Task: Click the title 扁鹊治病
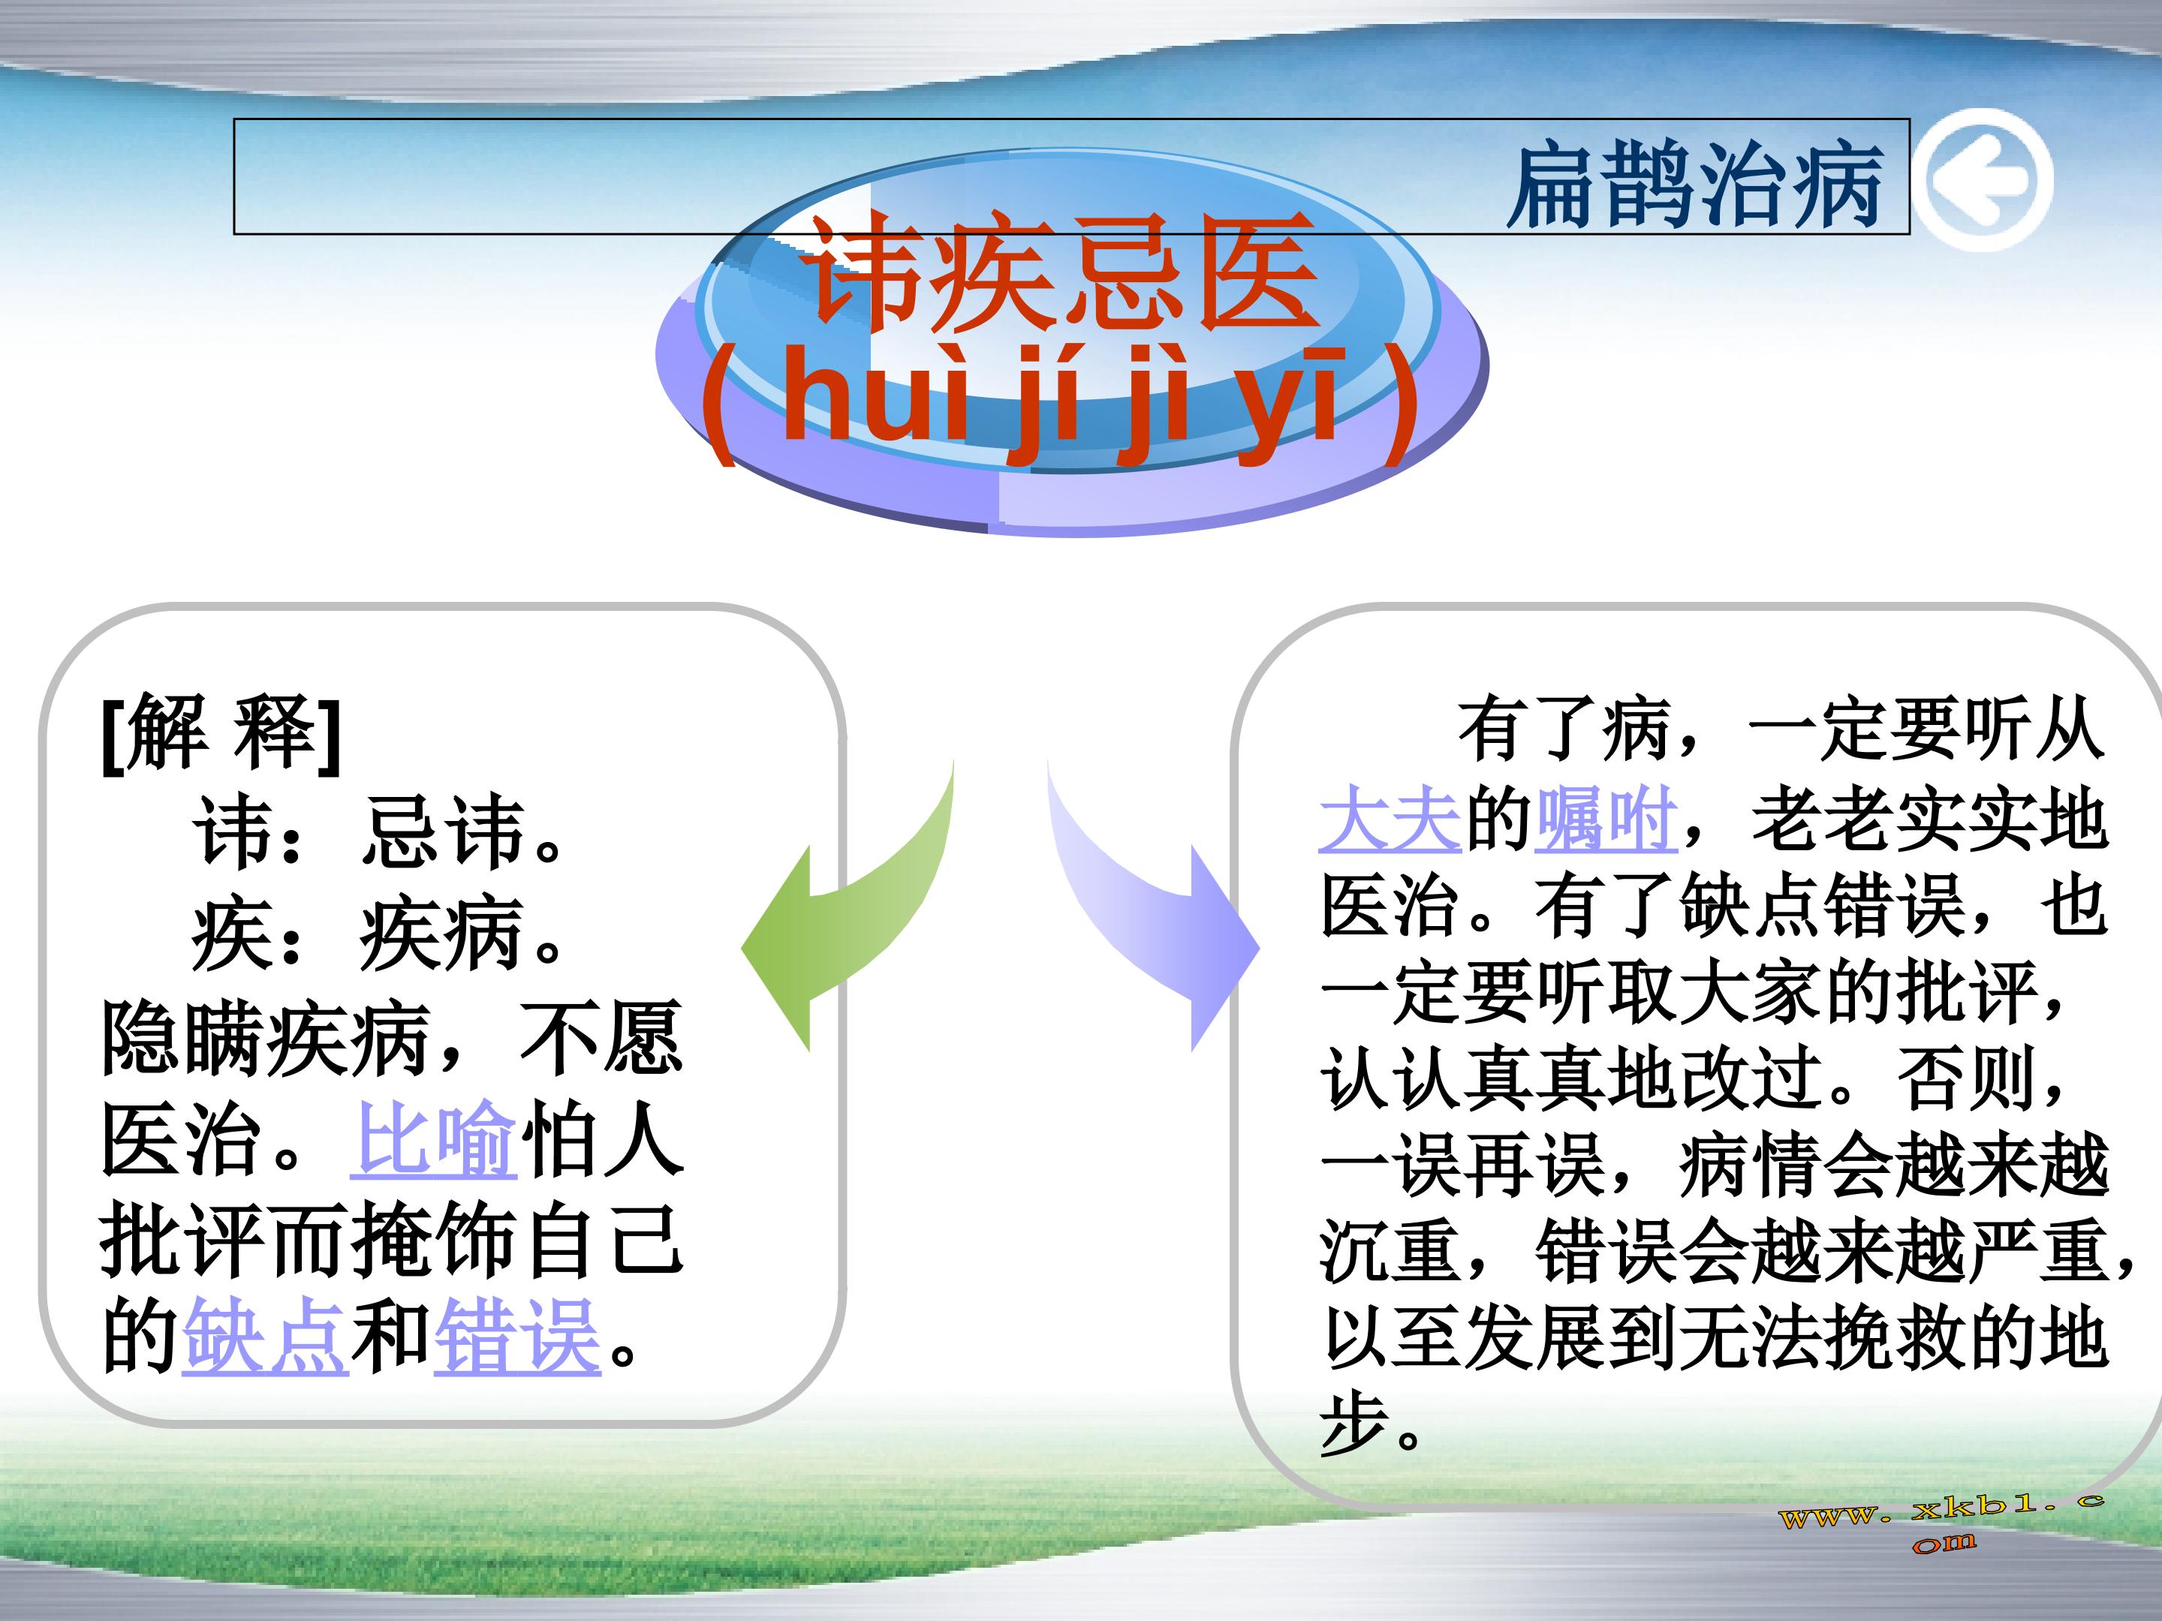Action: tap(1694, 184)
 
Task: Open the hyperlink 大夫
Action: tap(1390, 819)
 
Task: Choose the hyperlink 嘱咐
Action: tap(1606, 819)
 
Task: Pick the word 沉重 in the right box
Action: tap(1390, 1252)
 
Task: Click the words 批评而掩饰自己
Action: tap(392, 1241)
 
